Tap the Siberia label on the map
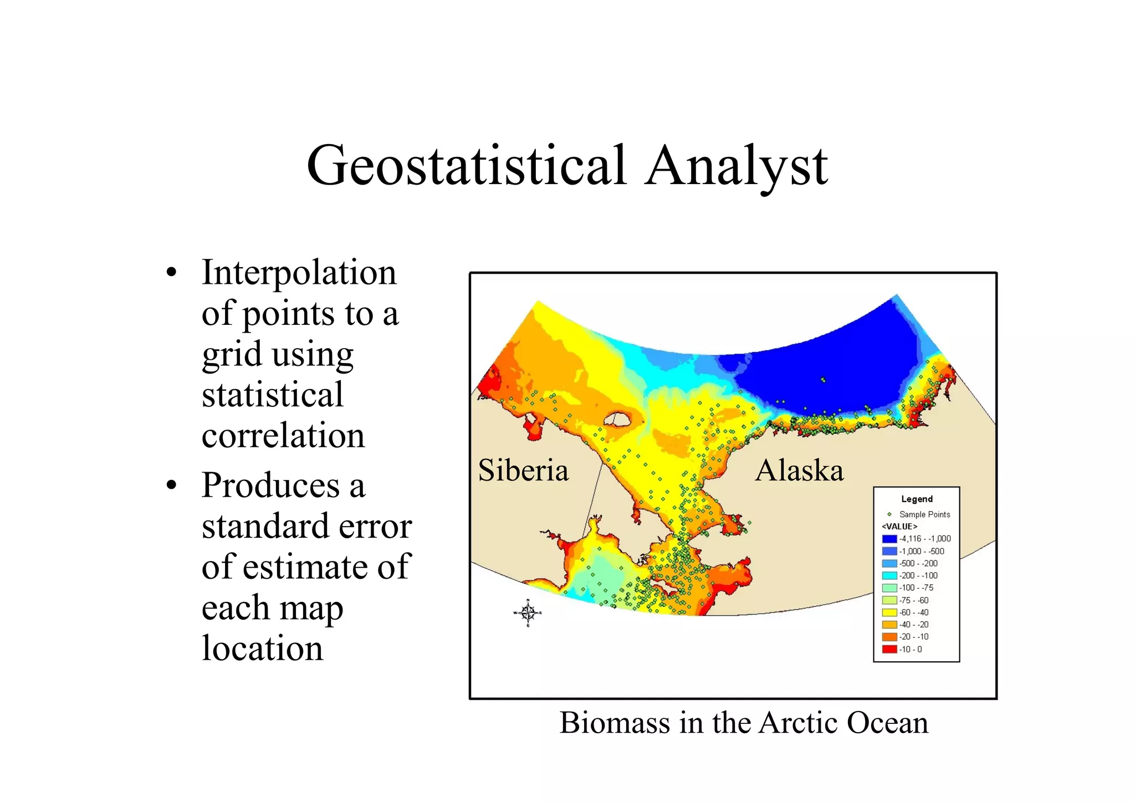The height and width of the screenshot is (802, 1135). point(523,471)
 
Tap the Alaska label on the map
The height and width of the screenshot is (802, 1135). point(799,471)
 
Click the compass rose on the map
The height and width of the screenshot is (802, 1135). point(528,613)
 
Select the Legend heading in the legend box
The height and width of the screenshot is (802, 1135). point(917,499)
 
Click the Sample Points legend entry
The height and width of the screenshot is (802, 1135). point(924,514)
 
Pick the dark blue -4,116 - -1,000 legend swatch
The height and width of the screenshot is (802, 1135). point(889,539)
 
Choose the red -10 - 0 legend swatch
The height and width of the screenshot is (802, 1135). point(889,649)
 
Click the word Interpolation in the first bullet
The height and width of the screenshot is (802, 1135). point(299,273)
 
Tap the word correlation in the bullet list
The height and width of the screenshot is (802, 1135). point(283,436)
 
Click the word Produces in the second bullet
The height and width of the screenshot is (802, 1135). point(271,486)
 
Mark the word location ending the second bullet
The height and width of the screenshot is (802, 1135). point(262,648)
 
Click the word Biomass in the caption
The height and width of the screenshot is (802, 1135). point(615,723)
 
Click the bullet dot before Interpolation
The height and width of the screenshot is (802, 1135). point(172,273)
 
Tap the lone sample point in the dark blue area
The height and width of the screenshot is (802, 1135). point(823,380)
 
